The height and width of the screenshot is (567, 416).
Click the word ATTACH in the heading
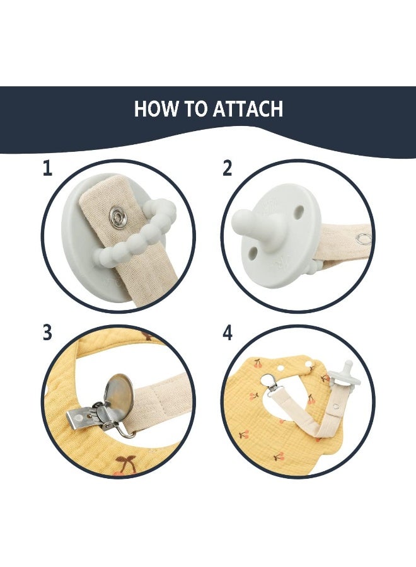248,108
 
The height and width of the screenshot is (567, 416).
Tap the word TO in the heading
197,108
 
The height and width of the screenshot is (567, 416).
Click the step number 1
47,168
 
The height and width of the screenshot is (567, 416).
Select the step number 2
227,168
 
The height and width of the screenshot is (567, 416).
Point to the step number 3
47,332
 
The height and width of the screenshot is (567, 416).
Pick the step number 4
227,333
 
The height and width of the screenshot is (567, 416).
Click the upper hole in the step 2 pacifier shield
299,211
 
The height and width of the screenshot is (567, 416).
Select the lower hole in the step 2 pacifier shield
253,251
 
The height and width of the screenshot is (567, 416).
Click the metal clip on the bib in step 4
270,383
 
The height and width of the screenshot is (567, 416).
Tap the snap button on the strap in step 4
336,406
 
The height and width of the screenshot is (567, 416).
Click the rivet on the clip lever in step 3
78,419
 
